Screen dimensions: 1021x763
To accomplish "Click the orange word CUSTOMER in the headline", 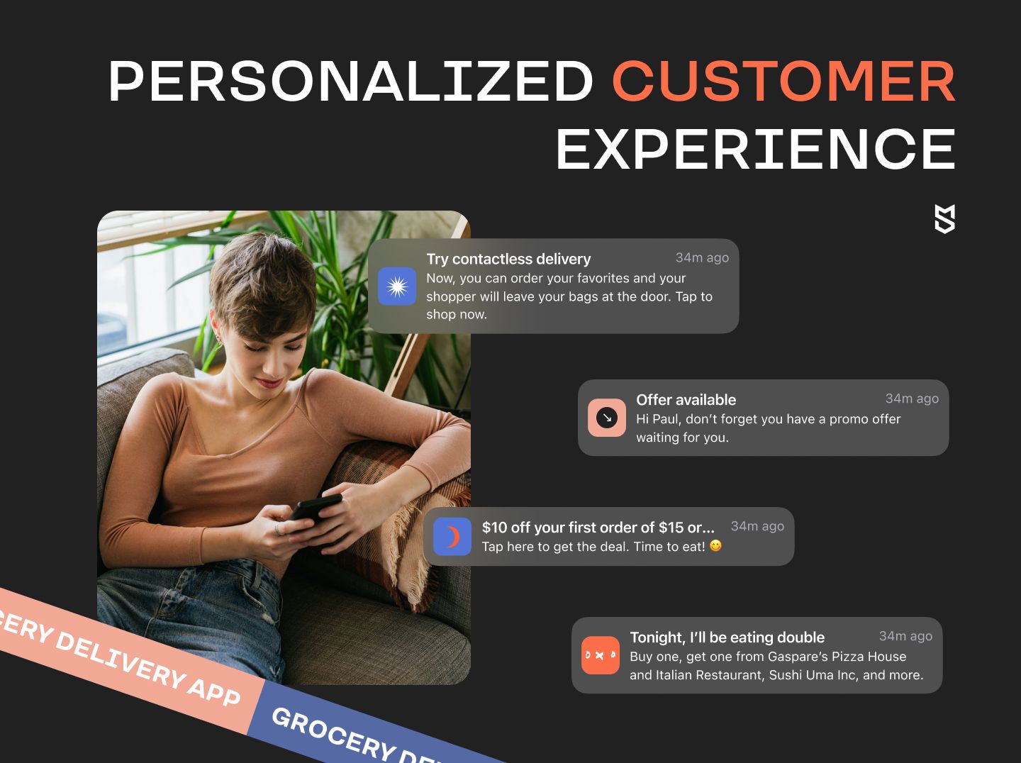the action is coord(783,81).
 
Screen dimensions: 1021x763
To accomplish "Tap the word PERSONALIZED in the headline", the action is coord(350,81).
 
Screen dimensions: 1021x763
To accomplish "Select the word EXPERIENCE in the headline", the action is coord(755,150).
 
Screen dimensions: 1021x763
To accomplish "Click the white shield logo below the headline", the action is coord(944,218).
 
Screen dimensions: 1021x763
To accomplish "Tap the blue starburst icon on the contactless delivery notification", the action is coord(397,286).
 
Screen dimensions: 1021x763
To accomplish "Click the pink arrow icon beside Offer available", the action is coord(606,418).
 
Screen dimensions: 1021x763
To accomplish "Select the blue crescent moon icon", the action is coord(452,536).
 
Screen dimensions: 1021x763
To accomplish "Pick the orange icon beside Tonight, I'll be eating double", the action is coord(600,655).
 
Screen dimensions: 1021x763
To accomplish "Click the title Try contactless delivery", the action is coord(508,259).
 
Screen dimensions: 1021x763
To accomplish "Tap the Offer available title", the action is coord(686,400).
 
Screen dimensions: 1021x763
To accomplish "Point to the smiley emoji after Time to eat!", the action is coord(715,545).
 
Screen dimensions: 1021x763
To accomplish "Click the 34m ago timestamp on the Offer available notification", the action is coord(912,399).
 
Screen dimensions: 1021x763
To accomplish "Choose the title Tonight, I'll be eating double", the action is coord(727,637).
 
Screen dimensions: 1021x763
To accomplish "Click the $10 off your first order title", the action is coord(598,527).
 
